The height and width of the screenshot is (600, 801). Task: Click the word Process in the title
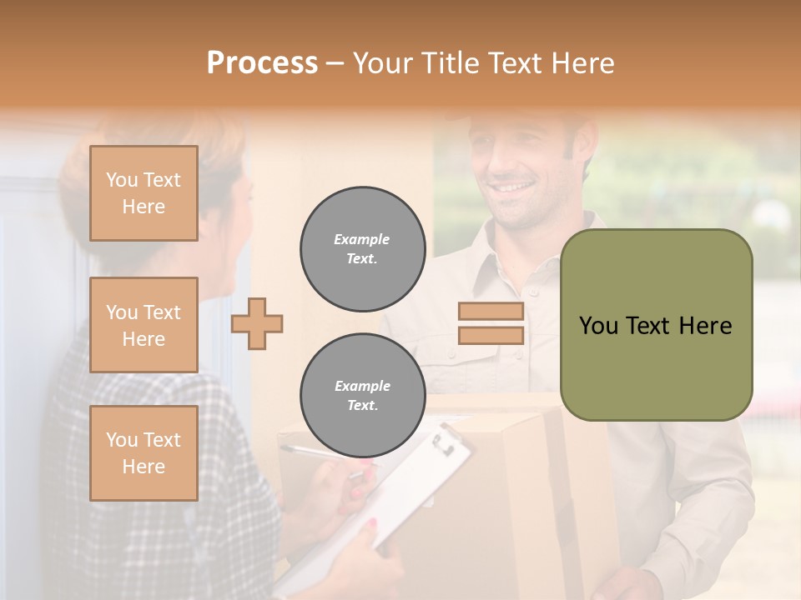click(x=262, y=63)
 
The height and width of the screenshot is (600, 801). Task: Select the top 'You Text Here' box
click(x=144, y=193)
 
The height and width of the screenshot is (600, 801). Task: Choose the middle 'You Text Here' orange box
click(x=144, y=325)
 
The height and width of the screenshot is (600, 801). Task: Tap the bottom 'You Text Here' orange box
click(x=144, y=453)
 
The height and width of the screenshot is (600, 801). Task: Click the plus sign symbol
click(x=257, y=323)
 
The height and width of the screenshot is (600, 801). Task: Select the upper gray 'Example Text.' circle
click(x=363, y=249)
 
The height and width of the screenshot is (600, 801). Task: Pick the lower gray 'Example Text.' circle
click(x=363, y=396)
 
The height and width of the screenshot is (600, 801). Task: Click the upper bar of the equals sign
click(x=491, y=312)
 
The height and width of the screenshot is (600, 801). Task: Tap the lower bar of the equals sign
click(x=491, y=335)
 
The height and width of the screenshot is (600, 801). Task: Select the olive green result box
click(x=657, y=325)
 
